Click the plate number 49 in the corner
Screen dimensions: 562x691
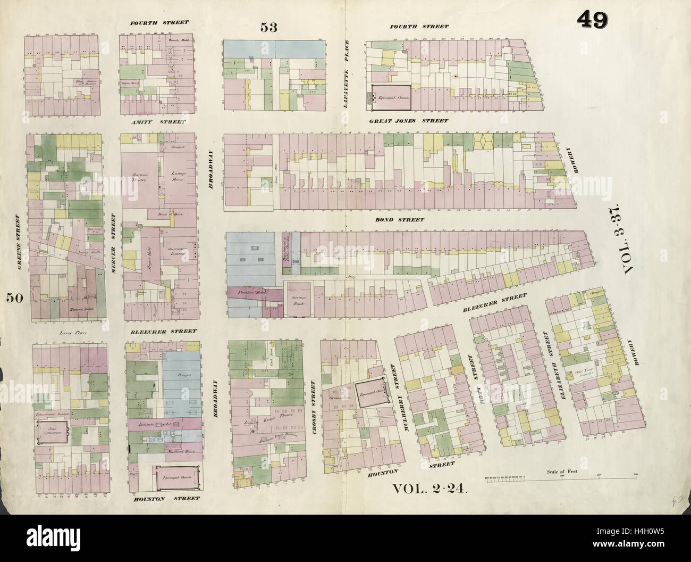pyautogui.click(x=594, y=21)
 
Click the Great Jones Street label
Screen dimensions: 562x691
pyautogui.click(x=409, y=121)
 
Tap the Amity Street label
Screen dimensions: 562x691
pyautogui.click(x=158, y=122)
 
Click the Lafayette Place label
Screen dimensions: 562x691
pyautogui.click(x=346, y=74)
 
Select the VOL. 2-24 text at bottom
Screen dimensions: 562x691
pyautogui.click(x=429, y=489)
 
